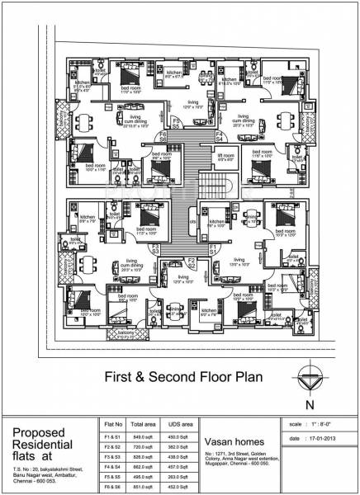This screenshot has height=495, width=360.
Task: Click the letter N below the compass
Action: coord(309,405)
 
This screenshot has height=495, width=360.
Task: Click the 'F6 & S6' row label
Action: coord(107,487)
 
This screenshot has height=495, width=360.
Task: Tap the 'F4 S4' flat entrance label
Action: coord(219,135)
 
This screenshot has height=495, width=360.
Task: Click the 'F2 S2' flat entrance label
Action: coord(190,264)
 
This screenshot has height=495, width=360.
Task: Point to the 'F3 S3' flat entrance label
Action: coord(154,248)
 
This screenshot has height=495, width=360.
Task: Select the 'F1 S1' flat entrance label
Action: coord(212,248)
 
